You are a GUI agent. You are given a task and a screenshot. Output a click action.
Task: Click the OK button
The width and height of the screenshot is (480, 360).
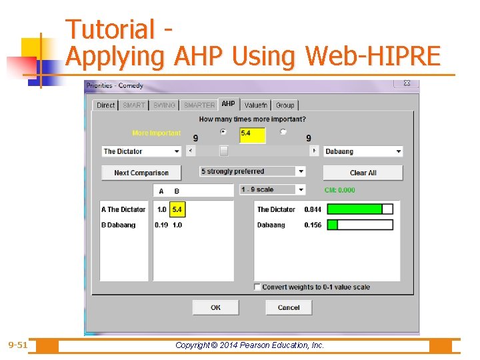click(215, 307)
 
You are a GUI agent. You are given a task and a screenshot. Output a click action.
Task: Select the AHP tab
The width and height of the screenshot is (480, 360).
click(228, 104)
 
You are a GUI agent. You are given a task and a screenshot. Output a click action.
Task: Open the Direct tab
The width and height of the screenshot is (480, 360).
click(105, 105)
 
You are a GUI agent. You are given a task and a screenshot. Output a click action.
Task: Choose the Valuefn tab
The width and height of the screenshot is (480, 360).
click(255, 105)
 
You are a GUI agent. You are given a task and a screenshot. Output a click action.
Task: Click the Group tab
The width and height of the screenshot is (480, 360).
click(285, 105)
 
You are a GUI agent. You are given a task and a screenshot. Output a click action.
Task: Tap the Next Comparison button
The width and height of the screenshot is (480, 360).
click(141, 173)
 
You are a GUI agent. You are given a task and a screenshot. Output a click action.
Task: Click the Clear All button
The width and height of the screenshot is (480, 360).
click(363, 173)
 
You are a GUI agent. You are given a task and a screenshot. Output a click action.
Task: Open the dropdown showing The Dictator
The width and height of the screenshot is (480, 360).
click(141, 151)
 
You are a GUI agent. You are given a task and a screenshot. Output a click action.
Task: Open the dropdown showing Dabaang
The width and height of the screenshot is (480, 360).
click(363, 151)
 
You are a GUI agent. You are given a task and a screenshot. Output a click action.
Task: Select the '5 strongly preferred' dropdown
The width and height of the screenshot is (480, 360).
click(253, 171)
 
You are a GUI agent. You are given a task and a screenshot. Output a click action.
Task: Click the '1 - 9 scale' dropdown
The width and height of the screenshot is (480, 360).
click(272, 189)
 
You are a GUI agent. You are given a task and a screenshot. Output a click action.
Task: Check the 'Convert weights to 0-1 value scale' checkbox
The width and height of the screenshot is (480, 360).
click(257, 287)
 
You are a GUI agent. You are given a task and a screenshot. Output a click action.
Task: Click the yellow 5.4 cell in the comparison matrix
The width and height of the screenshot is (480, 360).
click(177, 209)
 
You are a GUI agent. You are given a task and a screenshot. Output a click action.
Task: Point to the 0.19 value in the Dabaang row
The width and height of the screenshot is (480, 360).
click(161, 225)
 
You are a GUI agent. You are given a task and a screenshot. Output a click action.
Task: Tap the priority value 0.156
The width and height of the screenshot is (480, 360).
click(312, 225)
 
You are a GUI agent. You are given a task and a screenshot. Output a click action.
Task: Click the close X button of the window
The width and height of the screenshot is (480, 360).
click(407, 84)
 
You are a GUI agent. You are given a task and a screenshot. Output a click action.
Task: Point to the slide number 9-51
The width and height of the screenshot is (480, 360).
click(18, 345)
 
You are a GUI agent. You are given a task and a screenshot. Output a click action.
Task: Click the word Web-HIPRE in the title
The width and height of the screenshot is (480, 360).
click(373, 57)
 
